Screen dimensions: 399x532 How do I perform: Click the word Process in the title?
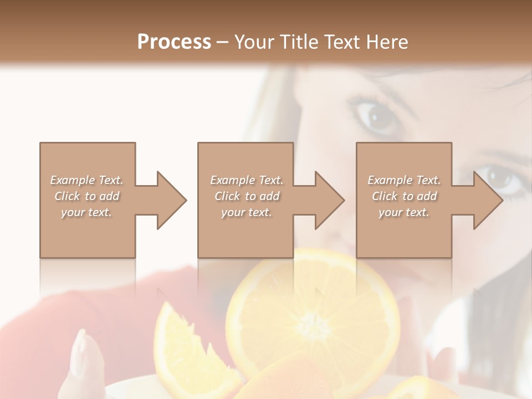coord(174,42)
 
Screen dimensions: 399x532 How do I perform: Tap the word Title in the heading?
coord(300,42)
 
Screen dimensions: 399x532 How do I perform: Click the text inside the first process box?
coord(86,196)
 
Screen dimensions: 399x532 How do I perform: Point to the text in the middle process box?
coord(247,196)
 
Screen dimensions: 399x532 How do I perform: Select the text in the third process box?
coord(404,196)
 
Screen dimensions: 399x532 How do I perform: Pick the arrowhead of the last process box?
coord(487,200)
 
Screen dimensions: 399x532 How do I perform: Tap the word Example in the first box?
coord(73,180)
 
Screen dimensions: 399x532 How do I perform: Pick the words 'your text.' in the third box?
coord(404,212)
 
